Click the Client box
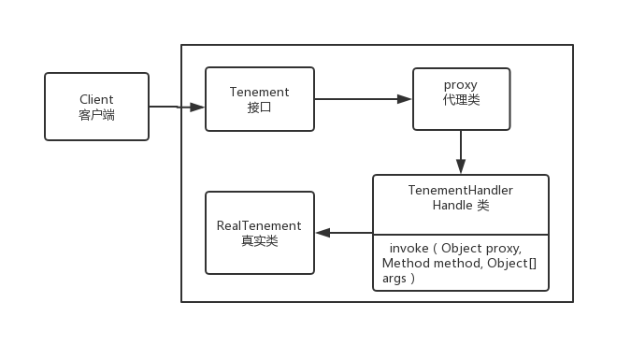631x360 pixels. tap(96, 107)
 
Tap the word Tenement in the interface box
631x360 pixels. tap(259, 92)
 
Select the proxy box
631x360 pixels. tap(461, 98)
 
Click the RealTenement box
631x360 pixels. tap(259, 233)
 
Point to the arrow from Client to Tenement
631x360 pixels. tap(177, 108)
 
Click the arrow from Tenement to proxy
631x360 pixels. tap(363, 98)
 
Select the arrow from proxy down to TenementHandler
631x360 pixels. tap(461, 151)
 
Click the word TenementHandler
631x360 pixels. tap(460, 190)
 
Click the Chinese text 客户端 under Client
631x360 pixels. tap(96, 115)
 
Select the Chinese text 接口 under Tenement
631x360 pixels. tap(259, 108)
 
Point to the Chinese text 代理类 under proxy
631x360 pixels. tap(461, 100)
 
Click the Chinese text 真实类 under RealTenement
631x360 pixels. tap(259, 241)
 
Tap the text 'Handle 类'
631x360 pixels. tap(460, 205)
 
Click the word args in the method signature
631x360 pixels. tap(395, 279)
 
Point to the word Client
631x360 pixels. tap(96, 99)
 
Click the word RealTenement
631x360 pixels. tap(259, 225)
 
